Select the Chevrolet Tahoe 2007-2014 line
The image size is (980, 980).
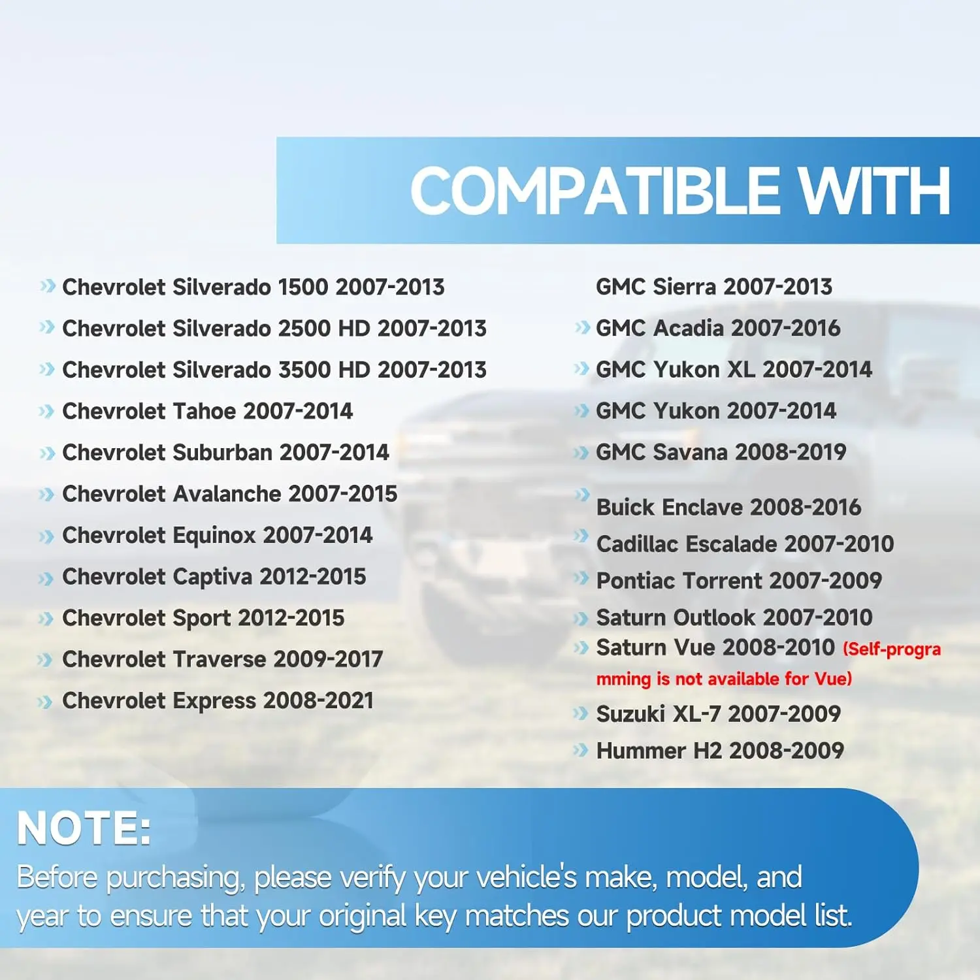[207, 411]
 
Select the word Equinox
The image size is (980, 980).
[214, 536]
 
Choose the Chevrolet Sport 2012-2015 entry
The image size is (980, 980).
[203, 618]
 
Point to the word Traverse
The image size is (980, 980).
[219, 659]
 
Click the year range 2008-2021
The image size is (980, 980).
[319, 700]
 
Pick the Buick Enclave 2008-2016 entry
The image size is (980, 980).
[728, 507]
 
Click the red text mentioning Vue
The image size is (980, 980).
[768, 664]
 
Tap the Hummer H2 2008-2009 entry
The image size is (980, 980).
[720, 751]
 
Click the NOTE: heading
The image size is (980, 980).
[84, 828]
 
